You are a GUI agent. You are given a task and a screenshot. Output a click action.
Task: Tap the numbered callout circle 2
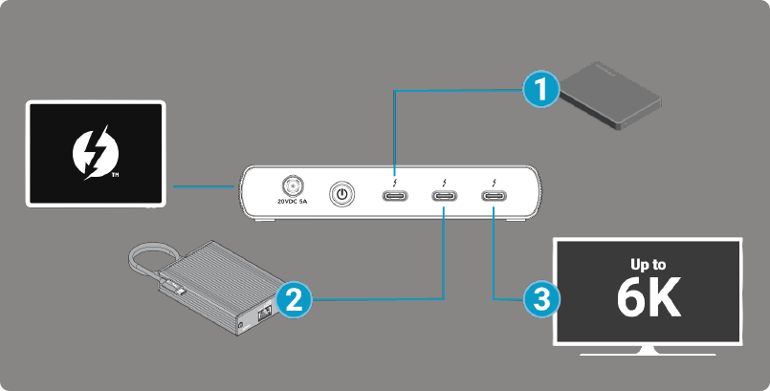293,300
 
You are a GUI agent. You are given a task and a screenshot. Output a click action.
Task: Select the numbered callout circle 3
541,300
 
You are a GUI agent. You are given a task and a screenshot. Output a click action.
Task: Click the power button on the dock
341,195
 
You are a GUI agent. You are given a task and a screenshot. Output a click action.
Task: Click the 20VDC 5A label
291,202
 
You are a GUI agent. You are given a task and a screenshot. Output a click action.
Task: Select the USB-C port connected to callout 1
396,197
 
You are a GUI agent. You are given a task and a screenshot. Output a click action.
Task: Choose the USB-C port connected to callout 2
445,197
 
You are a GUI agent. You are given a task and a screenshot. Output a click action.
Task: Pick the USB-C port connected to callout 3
494,197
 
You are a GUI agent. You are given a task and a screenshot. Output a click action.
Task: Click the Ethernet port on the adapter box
261,315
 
